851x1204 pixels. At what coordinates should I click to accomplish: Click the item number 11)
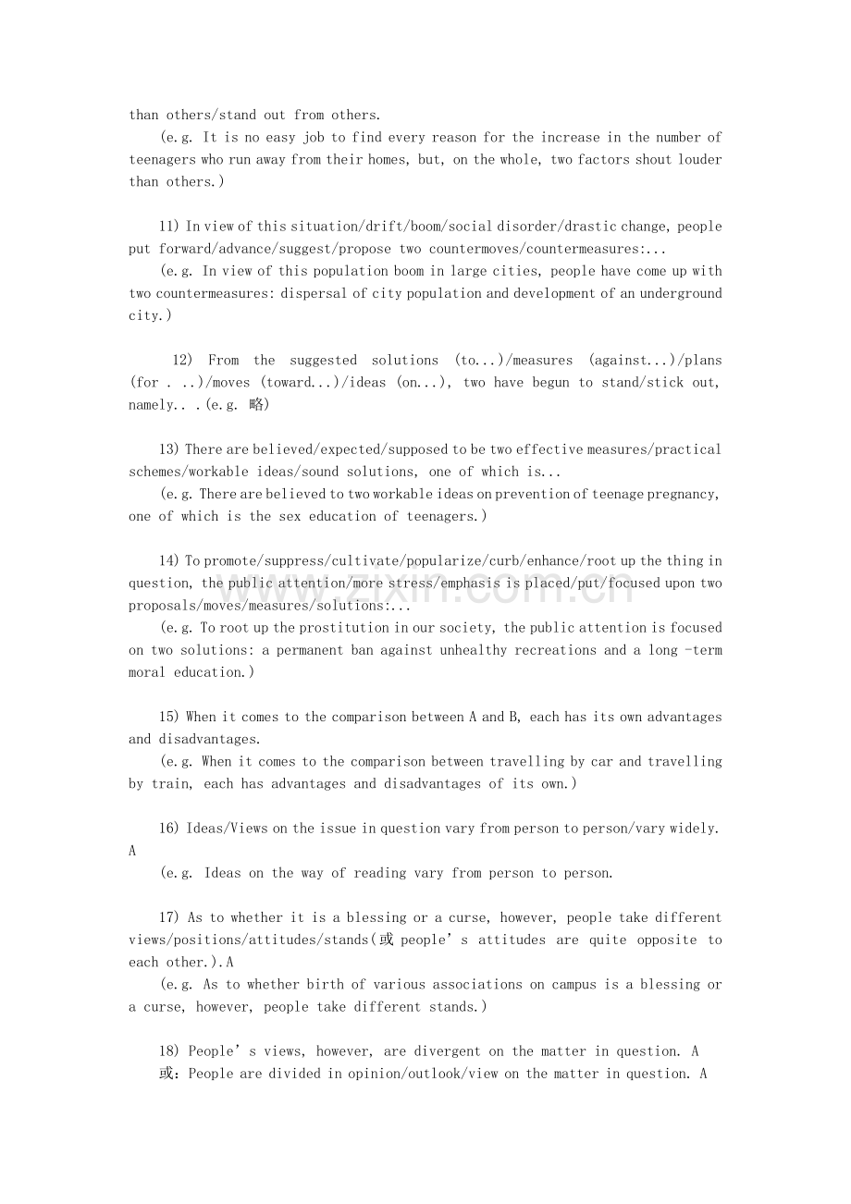point(170,227)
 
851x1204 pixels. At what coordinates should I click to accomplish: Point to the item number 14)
point(170,561)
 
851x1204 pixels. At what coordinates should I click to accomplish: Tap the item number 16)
point(170,829)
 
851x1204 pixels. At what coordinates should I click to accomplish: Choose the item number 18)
point(170,1051)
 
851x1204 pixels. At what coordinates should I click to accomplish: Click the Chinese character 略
point(256,405)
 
